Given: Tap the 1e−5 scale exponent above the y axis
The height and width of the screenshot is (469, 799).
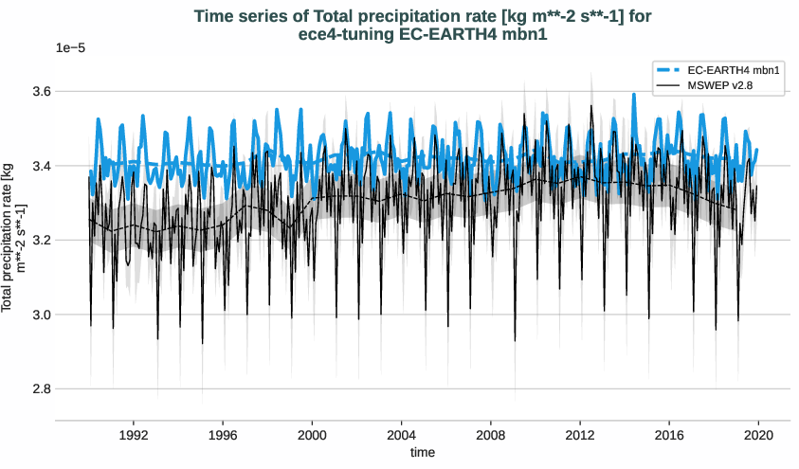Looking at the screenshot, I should click(x=71, y=47).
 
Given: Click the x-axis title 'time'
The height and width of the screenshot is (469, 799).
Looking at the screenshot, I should click(x=423, y=453).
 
